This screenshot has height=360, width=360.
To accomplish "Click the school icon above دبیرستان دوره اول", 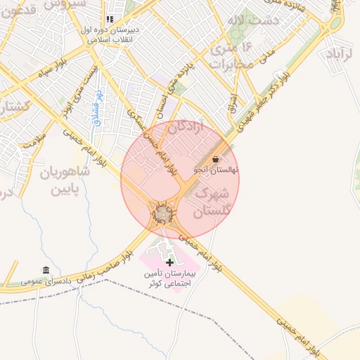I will click(x=109, y=19).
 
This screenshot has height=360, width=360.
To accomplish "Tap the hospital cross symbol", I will click(x=169, y=262).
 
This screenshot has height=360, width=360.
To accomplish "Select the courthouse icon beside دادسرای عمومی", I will click(x=46, y=271).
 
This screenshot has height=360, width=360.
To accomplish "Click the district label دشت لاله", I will click(x=259, y=20).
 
